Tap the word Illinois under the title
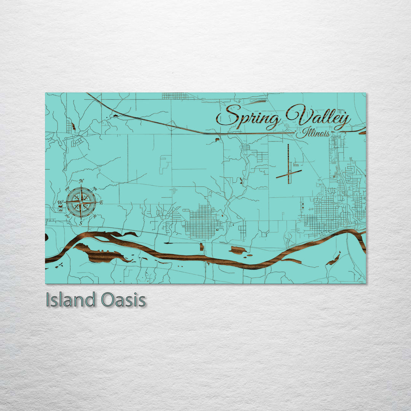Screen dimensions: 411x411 [x=312, y=134]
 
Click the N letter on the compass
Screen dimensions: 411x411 [x=81, y=181]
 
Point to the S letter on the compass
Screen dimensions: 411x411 [x=81, y=224]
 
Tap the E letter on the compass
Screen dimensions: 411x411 [x=101, y=202]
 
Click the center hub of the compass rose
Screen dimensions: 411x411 [x=81, y=202]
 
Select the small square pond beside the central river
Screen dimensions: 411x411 [x=201, y=247]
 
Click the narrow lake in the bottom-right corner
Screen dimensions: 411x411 [x=334, y=259]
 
